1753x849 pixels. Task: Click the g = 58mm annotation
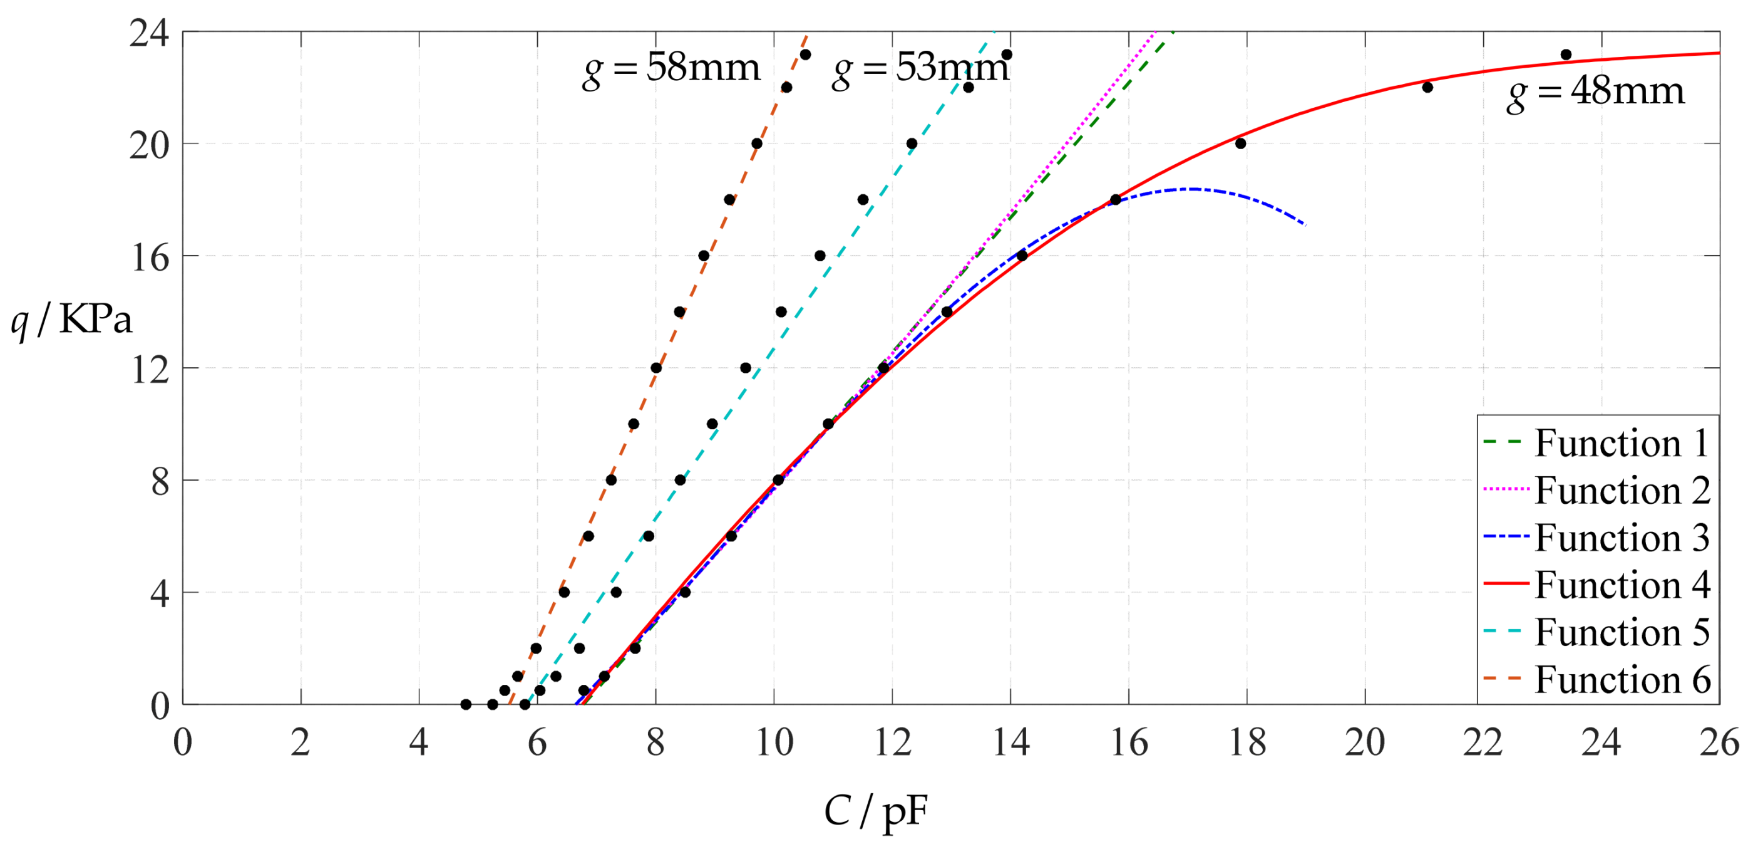[671, 69]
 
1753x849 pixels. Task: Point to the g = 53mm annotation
[920, 69]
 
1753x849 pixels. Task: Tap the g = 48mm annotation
[1595, 92]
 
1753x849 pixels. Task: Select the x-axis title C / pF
[875, 811]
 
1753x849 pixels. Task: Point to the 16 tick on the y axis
[150, 258]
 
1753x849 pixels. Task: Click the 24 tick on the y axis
[150, 32]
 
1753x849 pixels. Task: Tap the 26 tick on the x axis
[1719, 742]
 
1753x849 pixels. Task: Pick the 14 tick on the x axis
[1010, 742]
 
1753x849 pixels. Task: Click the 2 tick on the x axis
[301, 742]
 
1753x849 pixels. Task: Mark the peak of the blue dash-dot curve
[1191, 189]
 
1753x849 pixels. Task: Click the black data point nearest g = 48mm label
[1566, 55]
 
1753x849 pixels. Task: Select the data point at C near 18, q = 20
[1241, 143]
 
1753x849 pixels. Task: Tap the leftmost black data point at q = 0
[465, 705]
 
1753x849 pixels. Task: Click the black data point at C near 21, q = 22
[1427, 87]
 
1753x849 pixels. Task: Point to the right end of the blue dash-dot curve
[1305, 225]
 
